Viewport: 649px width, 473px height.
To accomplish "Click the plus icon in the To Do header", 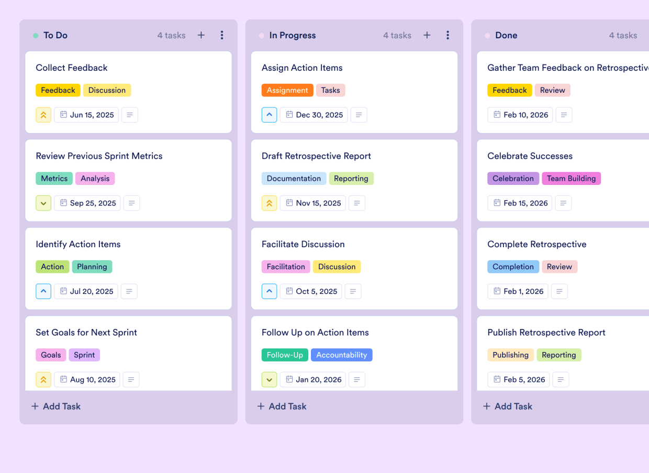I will [x=201, y=35].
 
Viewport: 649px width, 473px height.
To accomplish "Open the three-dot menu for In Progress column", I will [x=447, y=35].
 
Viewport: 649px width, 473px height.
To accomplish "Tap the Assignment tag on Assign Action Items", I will [x=287, y=90].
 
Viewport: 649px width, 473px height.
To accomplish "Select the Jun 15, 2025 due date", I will [x=86, y=115].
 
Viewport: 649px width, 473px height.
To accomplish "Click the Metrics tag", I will [x=54, y=179].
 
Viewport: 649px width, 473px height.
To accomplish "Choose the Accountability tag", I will [x=341, y=355].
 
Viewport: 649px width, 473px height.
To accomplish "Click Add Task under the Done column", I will [x=507, y=406].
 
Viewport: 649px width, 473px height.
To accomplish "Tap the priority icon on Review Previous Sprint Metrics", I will [x=43, y=203].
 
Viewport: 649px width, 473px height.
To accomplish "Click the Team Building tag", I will [x=571, y=179].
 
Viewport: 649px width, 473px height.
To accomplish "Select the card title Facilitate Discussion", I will [x=303, y=244].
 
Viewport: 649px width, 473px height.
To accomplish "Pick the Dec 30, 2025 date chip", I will [x=314, y=115].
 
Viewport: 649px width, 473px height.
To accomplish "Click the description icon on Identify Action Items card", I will [x=129, y=291].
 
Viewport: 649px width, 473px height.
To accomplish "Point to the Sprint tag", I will [x=84, y=355].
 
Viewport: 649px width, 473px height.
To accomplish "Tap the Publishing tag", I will [x=510, y=355].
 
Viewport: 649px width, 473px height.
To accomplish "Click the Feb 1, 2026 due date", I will [x=518, y=291].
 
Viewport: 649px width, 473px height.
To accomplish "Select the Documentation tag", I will [x=294, y=179].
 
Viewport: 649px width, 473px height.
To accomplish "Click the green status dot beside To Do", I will [x=36, y=36].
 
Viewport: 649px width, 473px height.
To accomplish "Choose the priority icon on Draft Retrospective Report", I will [x=269, y=203].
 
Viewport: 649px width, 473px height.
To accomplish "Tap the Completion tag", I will [x=513, y=267].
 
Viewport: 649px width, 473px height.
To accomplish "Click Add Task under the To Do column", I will [x=56, y=406].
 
